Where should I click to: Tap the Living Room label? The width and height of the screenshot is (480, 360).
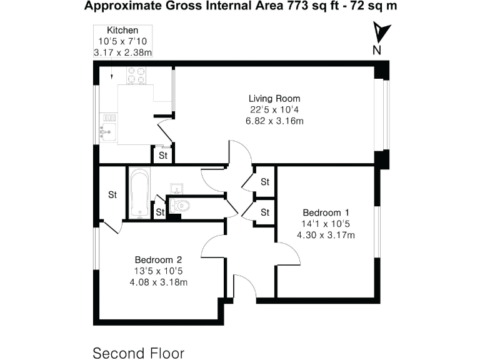point(274,98)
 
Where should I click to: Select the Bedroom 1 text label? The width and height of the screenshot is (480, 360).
point(326,212)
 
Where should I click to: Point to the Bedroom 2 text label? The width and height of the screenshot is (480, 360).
point(158,259)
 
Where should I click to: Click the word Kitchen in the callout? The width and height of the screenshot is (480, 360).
point(122,30)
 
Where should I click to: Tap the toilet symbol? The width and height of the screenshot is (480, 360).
point(179,205)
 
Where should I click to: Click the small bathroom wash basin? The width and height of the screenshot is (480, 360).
point(177,188)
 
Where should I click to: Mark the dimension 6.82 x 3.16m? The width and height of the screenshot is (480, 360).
point(274,121)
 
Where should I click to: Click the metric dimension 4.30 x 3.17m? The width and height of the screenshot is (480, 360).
point(326,236)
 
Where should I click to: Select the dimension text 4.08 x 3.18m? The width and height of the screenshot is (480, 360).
point(158,282)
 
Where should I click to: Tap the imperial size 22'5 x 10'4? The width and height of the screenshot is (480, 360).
point(274,109)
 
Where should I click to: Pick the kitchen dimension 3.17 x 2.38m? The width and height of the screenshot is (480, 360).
point(122,52)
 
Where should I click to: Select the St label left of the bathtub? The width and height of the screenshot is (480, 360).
point(112,194)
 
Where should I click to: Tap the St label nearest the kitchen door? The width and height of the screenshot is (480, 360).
point(162,155)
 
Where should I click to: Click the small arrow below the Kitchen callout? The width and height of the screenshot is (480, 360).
point(111,76)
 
